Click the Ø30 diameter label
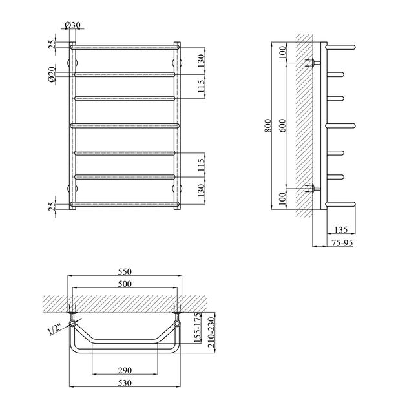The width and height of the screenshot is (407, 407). point(72,25)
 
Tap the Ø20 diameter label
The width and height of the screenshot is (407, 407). point(52,74)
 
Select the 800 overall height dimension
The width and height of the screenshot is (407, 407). point(268,125)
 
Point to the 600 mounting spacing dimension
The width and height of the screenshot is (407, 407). point(283,125)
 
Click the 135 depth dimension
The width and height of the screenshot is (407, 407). point(341,229)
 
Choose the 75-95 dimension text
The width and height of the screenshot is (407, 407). point(342,243)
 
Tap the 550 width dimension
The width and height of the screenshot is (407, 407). point(125,271)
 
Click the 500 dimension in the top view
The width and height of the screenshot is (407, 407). point(125,284)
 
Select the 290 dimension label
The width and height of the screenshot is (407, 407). point(125,370)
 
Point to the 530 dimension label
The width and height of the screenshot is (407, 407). point(125,383)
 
